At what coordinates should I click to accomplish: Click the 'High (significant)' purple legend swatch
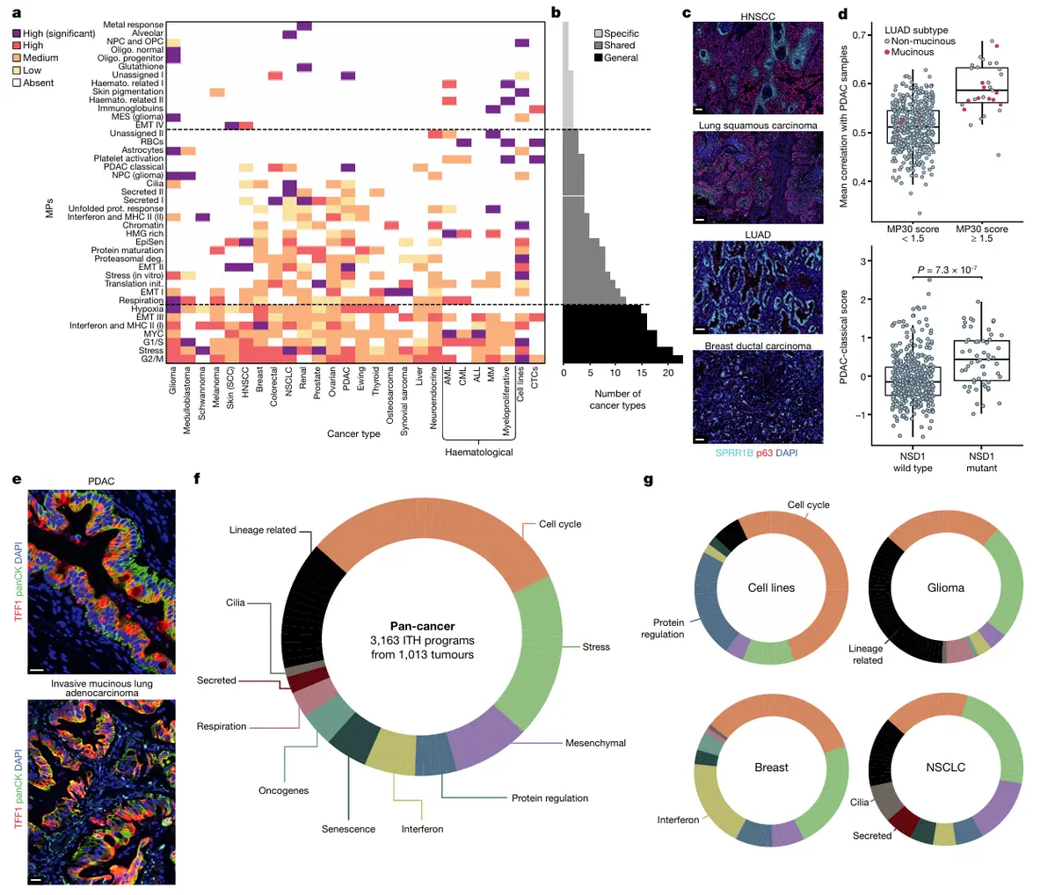tap(17, 33)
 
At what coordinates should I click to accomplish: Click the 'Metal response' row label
tap(133, 25)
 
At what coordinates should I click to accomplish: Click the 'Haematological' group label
tap(478, 452)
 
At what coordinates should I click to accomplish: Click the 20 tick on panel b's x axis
tap(668, 373)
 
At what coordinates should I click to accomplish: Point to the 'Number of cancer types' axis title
tap(617, 399)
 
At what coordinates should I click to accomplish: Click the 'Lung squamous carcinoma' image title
tap(758, 126)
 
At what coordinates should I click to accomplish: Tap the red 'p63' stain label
tap(764, 453)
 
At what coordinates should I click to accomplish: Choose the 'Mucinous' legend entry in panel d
tap(913, 53)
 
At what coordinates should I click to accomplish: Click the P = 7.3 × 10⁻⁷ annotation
tap(947, 270)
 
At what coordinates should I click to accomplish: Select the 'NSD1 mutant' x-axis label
tap(981, 462)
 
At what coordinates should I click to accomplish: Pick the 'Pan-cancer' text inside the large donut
tap(422, 626)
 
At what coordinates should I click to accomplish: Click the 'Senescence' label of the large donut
tap(348, 829)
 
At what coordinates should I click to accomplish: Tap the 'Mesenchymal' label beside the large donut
tap(595, 743)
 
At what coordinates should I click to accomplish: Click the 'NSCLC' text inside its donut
tap(945, 768)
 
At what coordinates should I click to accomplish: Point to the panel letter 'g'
tap(648, 480)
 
